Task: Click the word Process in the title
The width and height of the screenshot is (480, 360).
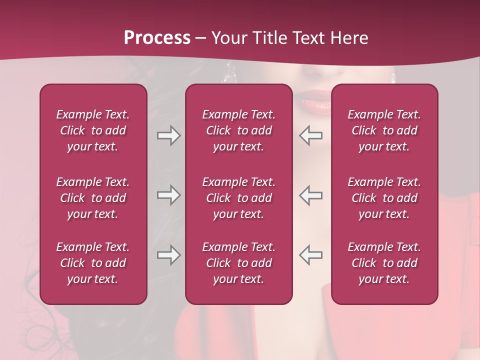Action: (x=157, y=38)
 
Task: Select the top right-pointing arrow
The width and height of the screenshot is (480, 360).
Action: (x=168, y=135)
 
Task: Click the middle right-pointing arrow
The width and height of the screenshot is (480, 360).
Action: (x=168, y=195)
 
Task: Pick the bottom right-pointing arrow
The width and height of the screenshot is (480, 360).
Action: (x=168, y=255)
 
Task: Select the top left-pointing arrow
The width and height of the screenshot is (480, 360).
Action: (x=311, y=135)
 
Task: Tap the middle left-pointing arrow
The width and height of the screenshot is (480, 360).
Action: (x=311, y=195)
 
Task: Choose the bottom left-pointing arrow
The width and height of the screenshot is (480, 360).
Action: (x=311, y=255)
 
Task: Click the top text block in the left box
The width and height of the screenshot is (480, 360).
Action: (x=93, y=130)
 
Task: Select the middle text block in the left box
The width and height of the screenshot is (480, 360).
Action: (x=93, y=198)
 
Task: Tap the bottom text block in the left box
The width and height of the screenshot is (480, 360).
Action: (x=93, y=263)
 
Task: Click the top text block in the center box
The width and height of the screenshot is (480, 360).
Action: (x=239, y=130)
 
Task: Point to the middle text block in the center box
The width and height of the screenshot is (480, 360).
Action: (x=239, y=198)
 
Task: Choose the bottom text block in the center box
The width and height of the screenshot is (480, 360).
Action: (x=239, y=263)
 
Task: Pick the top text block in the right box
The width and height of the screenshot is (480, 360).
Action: (x=384, y=130)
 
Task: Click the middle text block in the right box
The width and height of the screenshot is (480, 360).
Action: (x=384, y=198)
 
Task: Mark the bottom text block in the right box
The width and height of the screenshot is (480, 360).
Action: (x=384, y=263)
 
